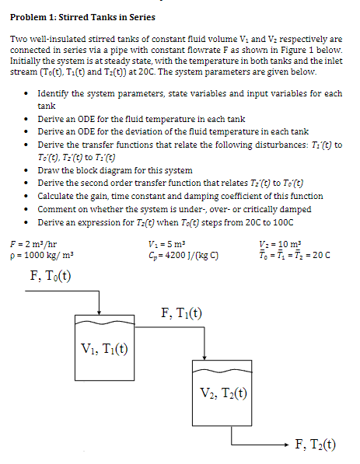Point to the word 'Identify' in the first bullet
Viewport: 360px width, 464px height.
[x=54, y=94]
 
